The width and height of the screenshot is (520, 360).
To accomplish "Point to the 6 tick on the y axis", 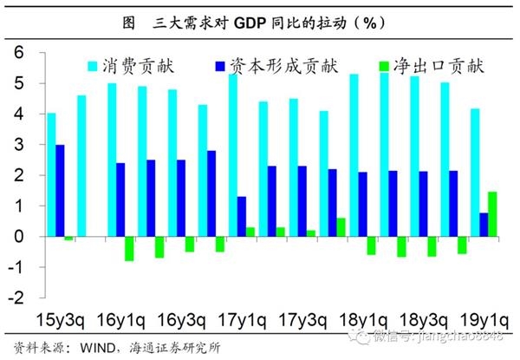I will [16, 54].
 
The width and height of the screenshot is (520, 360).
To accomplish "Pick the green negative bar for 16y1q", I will [129, 248].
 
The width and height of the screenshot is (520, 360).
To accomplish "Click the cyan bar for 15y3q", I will [51, 174].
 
